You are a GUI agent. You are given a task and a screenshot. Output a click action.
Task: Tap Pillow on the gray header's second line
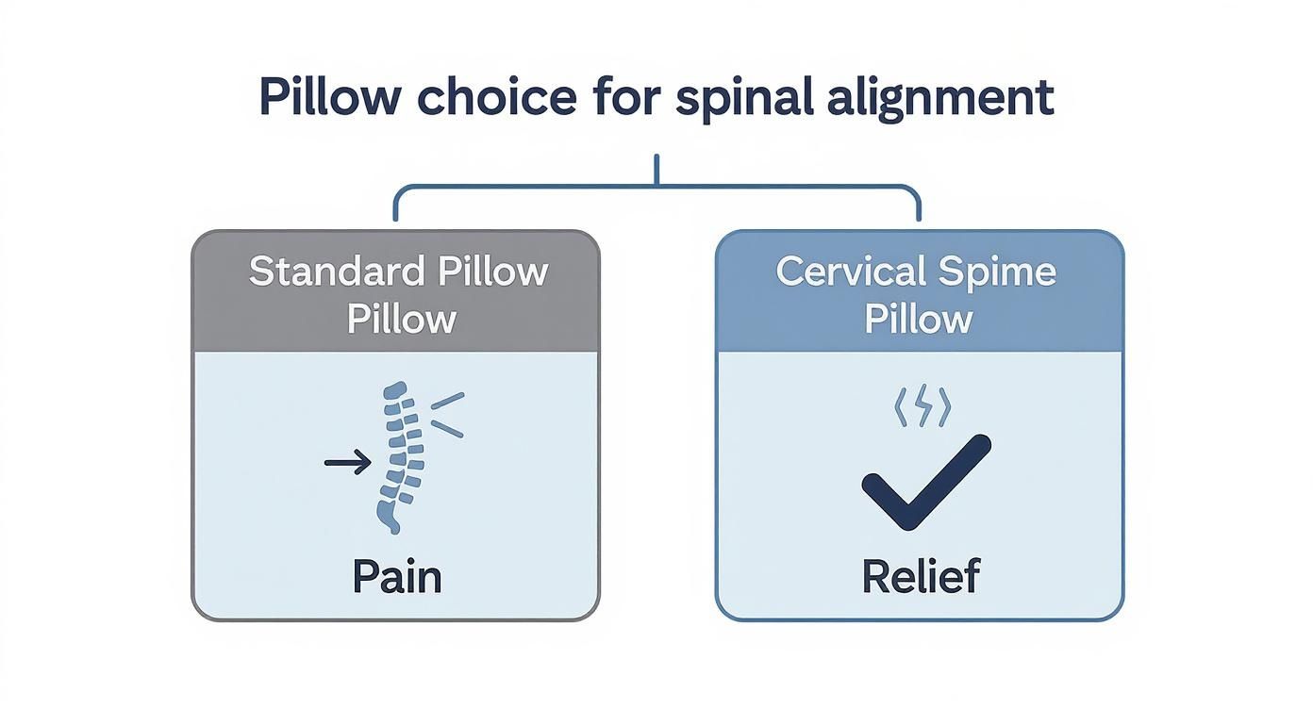(x=401, y=319)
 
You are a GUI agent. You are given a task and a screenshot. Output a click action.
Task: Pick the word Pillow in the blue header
(x=919, y=319)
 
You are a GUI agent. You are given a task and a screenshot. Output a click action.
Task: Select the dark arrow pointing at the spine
(x=347, y=462)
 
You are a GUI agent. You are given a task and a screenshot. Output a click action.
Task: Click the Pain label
(x=396, y=577)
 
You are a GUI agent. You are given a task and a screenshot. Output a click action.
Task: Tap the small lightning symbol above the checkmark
(x=921, y=408)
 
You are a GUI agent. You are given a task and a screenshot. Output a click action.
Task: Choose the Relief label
(x=921, y=577)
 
